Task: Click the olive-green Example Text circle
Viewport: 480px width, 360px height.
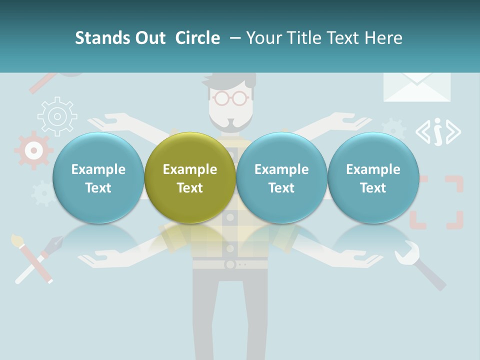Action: coord(190,178)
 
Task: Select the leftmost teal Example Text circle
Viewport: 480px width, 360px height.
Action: coord(98,178)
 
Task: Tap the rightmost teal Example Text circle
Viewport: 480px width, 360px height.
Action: coord(373,178)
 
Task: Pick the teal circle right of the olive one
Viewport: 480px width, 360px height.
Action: coord(281,178)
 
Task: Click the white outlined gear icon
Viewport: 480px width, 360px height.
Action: coord(57,116)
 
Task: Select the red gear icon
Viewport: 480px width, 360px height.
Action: coord(33,149)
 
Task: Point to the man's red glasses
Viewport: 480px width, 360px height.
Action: coord(230,98)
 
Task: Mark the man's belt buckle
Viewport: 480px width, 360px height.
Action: coord(230,263)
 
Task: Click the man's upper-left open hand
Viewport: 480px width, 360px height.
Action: coord(107,120)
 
